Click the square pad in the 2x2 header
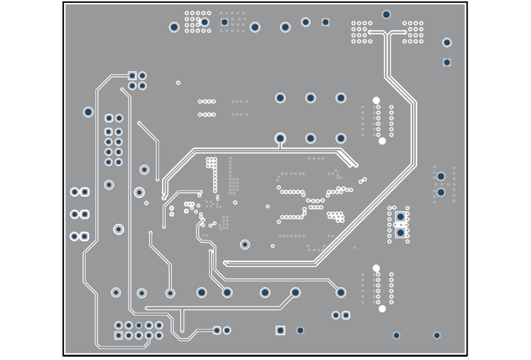point(132,76)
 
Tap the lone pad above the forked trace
point(386,15)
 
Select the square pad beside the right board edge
point(447,63)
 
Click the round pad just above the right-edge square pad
point(447,43)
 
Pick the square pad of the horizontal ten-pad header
point(119,335)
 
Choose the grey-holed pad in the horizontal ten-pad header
point(139,325)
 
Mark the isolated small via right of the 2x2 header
point(178,83)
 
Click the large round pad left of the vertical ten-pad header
point(88,112)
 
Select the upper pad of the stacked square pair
point(401,217)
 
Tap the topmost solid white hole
point(376,100)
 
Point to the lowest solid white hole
point(382,309)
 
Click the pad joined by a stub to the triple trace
point(280,138)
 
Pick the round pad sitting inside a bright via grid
point(205,22)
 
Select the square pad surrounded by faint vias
point(225,22)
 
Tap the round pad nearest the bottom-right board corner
point(437,335)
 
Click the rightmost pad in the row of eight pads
point(341,293)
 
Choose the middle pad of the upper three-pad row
point(311,98)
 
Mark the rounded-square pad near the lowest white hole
point(346,315)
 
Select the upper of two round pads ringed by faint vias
point(441,176)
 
